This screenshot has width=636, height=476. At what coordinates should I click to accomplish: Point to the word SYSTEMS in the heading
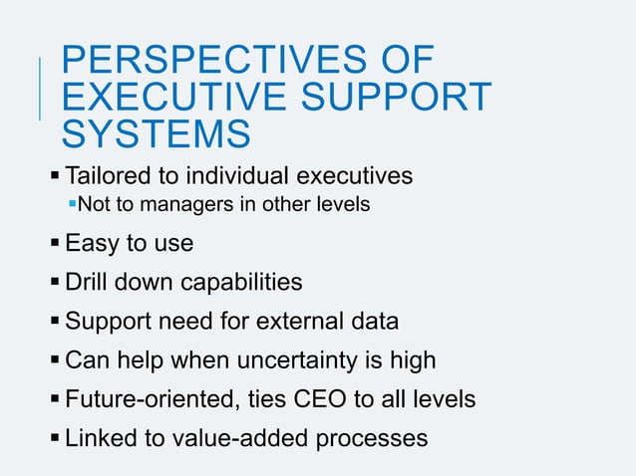[x=155, y=132]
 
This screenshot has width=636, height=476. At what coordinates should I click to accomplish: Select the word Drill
[x=86, y=283]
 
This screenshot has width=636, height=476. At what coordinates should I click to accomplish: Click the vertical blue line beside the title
[x=41, y=90]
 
